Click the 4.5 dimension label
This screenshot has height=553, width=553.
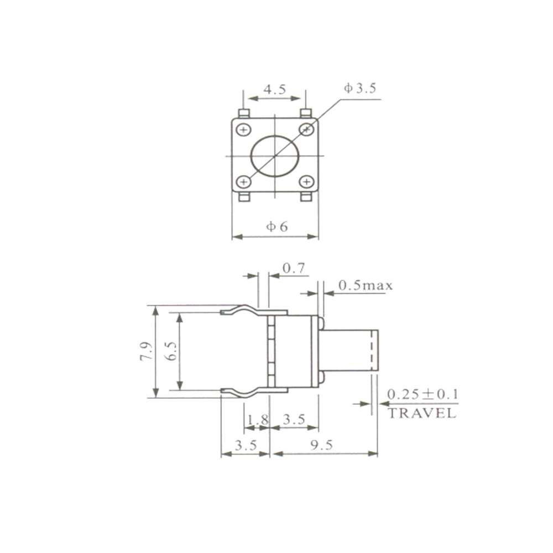click(274, 90)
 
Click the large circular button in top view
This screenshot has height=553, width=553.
click(275, 155)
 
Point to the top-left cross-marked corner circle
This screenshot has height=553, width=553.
click(243, 130)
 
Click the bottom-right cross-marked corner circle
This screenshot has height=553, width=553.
click(306, 181)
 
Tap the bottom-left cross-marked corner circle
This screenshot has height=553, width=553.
click(243, 181)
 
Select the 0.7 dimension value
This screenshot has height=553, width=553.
click(294, 268)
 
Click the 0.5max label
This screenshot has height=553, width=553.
click(365, 286)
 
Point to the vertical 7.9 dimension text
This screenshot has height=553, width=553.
click(145, 351)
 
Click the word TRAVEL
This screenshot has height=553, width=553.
click(422, 413)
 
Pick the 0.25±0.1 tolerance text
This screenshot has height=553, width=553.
click(422, 395)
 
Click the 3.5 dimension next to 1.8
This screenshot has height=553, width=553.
click(294, 420)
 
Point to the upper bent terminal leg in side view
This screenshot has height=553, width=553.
click(243, 311)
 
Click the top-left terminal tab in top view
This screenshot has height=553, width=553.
click(243, 113)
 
